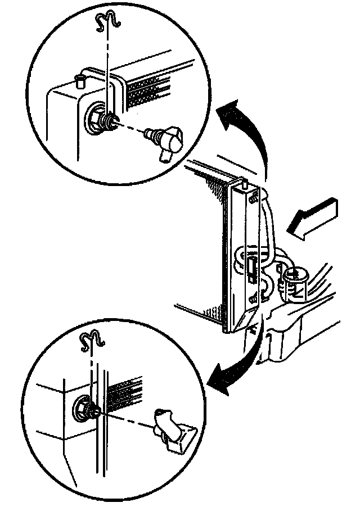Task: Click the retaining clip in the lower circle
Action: coord(92,339)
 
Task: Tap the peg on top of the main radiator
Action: coord(246,182)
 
